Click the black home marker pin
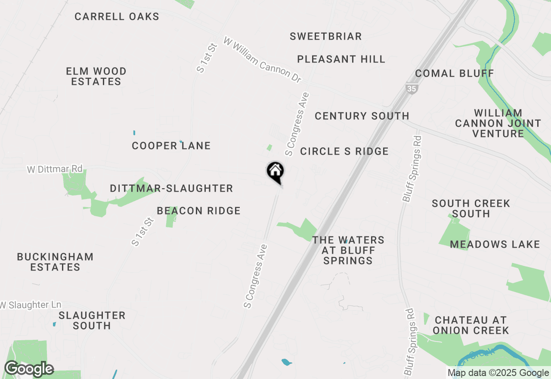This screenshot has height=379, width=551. [275, 172]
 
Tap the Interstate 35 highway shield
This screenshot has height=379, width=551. [411, 88]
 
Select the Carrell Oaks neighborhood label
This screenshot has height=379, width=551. [117, 17]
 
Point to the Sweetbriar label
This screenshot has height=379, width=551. [325, 36]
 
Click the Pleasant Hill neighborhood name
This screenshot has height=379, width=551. [341, 59]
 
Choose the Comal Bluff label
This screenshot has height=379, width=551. [455, 73]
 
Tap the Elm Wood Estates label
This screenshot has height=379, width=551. [96, 76]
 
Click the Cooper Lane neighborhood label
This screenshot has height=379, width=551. [171, 146]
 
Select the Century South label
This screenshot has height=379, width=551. [362, 116]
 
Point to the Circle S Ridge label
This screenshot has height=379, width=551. [344, 151]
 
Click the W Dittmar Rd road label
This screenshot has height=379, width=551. [55, 169]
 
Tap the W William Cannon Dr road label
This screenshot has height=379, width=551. [262, 60]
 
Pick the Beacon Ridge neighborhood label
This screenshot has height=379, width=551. [198, 211]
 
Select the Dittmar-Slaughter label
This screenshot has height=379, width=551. [171, 188]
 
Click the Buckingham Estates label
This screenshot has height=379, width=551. [55, 262]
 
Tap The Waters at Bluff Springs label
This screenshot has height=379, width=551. [348, 250]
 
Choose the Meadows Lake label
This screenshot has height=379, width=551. [495, 245]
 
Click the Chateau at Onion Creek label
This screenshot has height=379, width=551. [471, 325]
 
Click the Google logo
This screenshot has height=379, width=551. [29, 369]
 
